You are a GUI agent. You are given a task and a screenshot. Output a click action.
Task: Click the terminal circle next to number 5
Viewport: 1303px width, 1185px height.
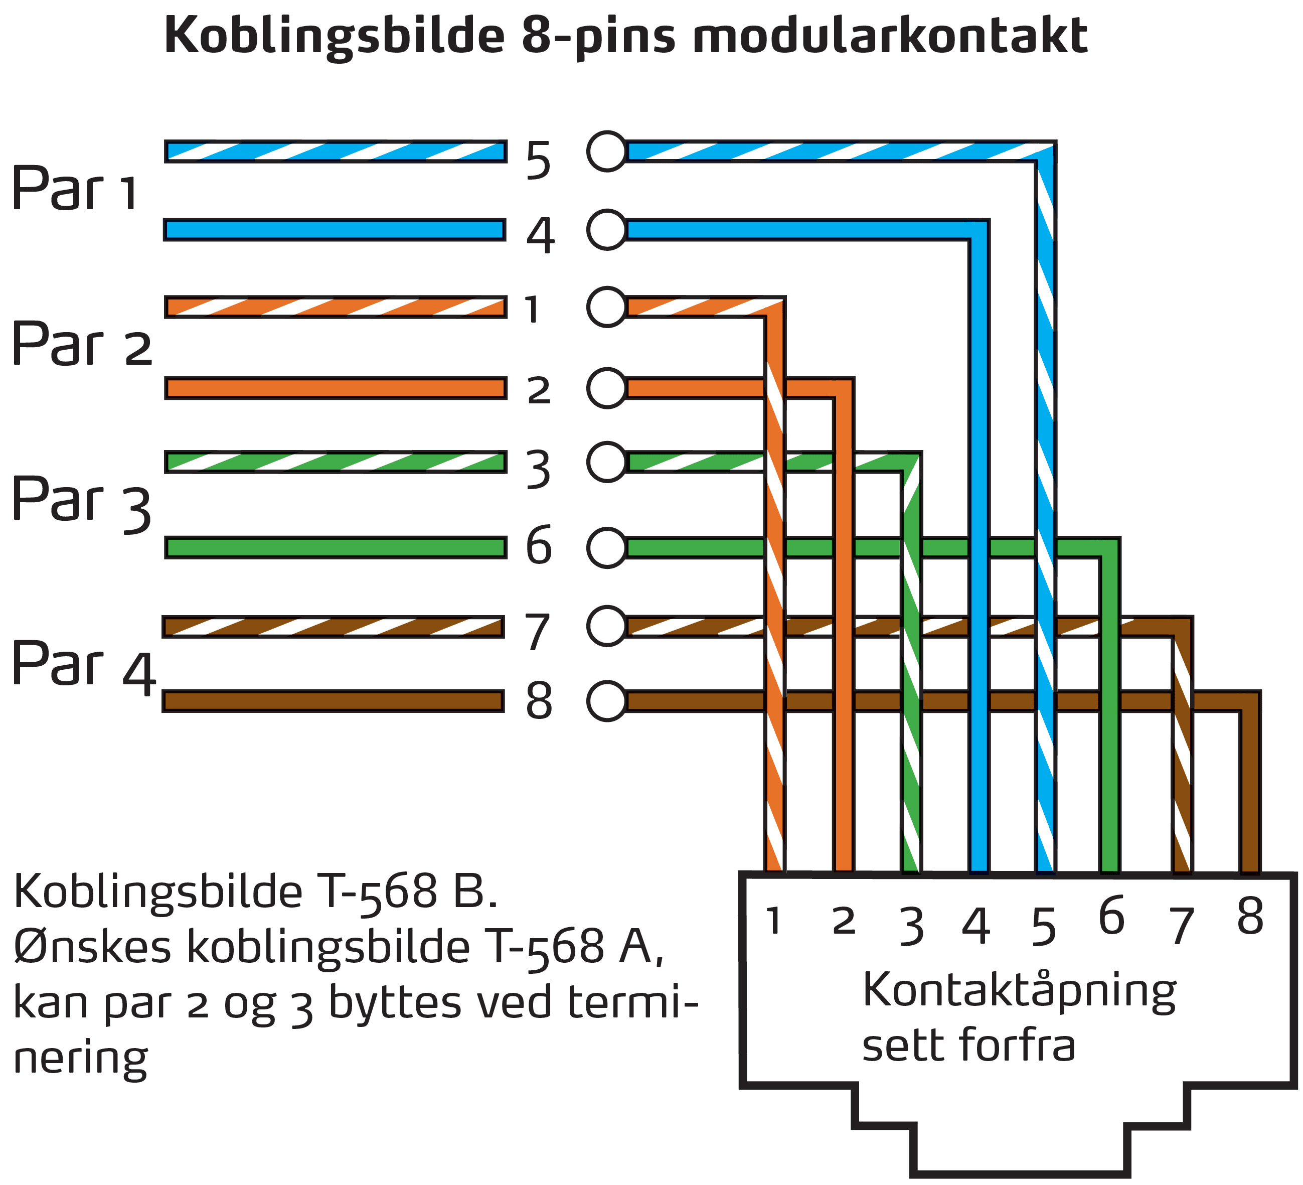[607, 152]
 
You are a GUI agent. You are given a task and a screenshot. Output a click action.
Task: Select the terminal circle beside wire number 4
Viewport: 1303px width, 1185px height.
[607, 229]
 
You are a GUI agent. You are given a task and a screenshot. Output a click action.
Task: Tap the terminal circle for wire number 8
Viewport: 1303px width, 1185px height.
[607, 701]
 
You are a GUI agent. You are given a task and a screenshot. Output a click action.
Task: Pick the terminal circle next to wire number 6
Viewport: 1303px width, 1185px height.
[607, 547]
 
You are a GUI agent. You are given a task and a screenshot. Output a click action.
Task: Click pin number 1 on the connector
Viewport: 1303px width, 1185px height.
[774, 921]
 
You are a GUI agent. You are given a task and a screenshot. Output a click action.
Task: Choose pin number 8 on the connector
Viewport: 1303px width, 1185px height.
[1250, 917]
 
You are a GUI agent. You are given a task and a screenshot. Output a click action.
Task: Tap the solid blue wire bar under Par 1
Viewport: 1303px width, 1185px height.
[335, 229]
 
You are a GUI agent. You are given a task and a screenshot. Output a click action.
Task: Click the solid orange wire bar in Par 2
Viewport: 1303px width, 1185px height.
[336, 388]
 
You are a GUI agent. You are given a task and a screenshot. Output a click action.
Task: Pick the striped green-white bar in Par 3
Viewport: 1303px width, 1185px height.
[336, 462]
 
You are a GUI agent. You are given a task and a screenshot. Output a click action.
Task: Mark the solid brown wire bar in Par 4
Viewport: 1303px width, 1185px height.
[333, 701]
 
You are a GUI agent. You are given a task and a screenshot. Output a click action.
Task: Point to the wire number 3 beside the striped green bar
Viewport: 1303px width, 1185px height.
[538, 470]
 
